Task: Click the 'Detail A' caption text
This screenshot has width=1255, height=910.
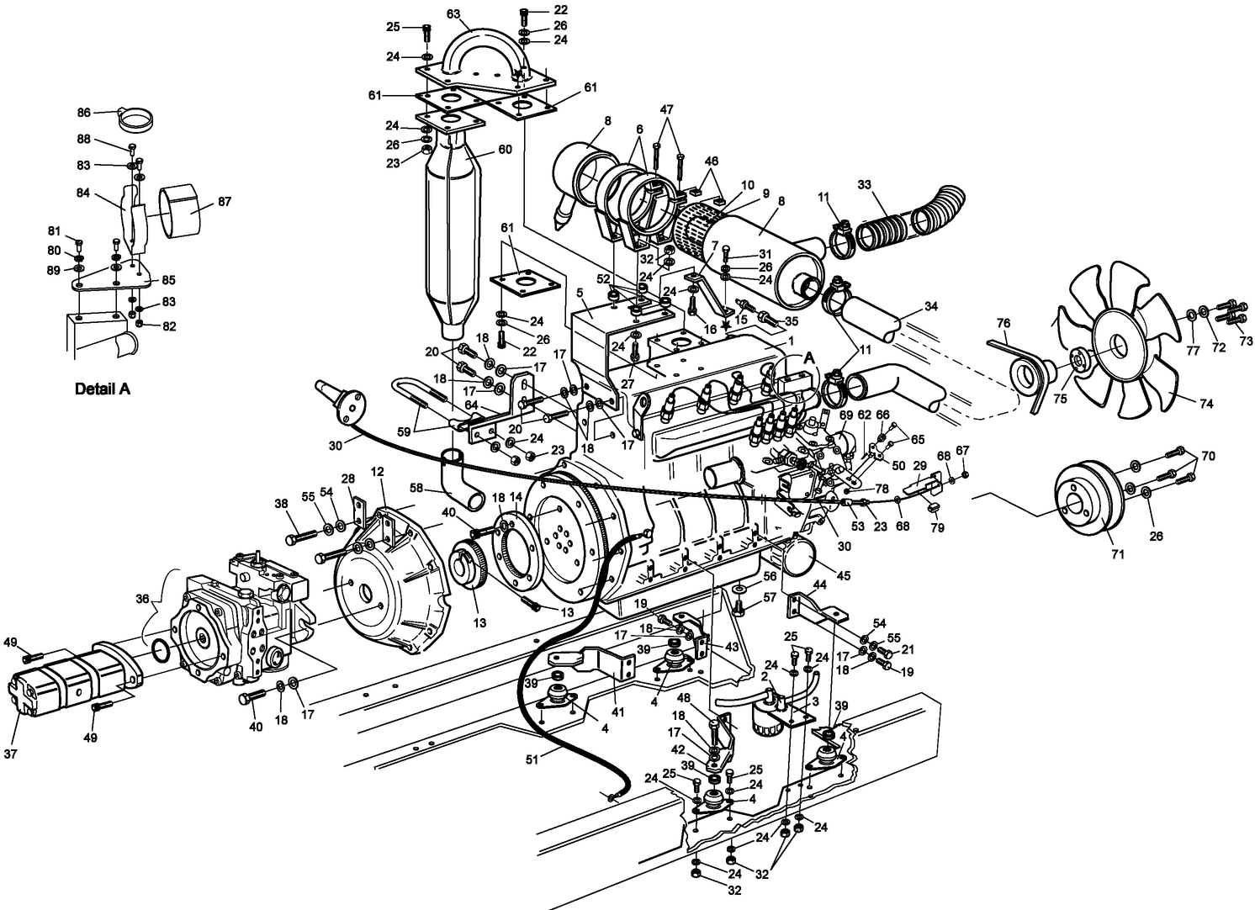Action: [x=102, y=389]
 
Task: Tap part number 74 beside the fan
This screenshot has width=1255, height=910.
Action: [x=1206, y=404]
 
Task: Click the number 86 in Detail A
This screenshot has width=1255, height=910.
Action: [x=83, y=112]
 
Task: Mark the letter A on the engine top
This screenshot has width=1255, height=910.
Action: [x=809, y=357]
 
